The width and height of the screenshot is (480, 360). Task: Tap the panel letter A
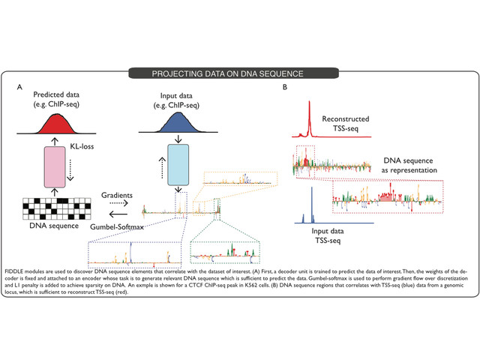[20, 88]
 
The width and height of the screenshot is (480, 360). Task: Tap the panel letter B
[284, 88]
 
